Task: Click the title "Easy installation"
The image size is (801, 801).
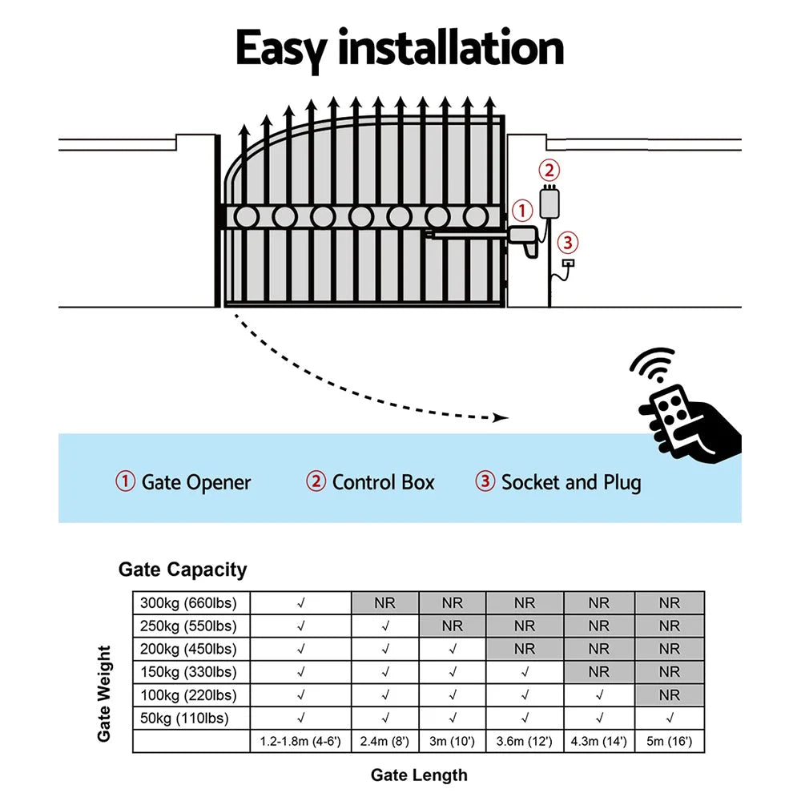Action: point(399,50)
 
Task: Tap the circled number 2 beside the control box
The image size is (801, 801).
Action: point(549,170)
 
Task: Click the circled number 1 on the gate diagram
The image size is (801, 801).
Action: point(521,211)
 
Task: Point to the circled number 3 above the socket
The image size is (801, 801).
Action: point(566,241)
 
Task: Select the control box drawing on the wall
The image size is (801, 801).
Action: point(549,202)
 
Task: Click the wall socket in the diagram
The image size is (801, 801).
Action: point(568,264)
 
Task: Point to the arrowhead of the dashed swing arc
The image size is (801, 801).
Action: point(501,417)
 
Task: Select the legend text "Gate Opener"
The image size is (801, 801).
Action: point(195,482)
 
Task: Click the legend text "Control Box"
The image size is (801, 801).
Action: point(383,482)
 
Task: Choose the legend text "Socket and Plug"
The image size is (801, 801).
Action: point(570,482)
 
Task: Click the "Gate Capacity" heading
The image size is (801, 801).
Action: point(183,570)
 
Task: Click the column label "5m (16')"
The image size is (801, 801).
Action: point(669,742)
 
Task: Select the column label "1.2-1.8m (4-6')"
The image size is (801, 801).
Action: point(300,742)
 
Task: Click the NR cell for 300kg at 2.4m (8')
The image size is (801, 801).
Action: point(384,603)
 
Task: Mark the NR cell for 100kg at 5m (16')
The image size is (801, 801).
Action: point(669,695)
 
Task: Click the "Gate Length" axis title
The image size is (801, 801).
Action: point(419,775)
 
